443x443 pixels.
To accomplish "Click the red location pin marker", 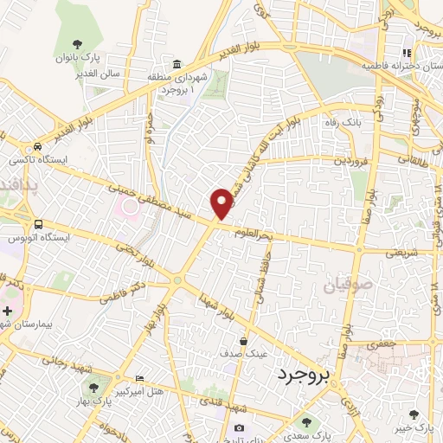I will pyautogui.click(x=222, y=202).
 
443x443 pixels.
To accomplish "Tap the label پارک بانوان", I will pyautogui.click(x=79, y=57).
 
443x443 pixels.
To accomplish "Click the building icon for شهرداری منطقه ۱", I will pyautogui.click(x=177, y=66).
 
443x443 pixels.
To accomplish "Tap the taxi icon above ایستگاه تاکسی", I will pyautogui.click(x=37, y=147).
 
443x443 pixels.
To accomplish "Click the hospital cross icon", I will pyautogui.click(x=8, y=310).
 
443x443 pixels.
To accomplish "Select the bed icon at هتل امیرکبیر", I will pyautogui.click(x=141, y=379).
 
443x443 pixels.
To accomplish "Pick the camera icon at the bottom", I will pyautogui.click(x=240, y=428).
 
